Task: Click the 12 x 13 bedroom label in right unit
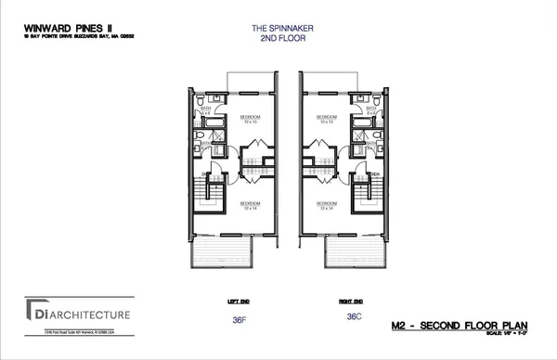click(326, 120)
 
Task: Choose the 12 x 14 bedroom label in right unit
click(326, 205)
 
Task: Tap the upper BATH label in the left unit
click(206, 110)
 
